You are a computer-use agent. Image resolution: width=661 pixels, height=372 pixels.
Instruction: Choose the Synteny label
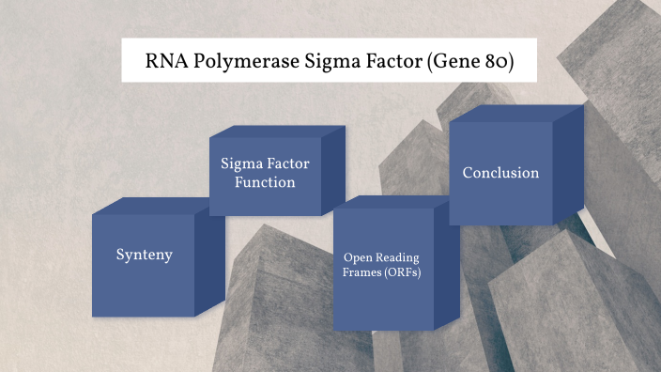click(144, 256)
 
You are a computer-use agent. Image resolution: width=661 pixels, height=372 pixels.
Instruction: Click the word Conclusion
click(500, 173)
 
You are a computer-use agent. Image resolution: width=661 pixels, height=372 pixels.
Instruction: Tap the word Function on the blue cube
click(265, 182)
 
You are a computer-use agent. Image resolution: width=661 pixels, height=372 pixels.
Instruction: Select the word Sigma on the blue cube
click(240, 163)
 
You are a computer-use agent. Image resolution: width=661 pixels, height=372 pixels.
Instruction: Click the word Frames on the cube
click(361, 273)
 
